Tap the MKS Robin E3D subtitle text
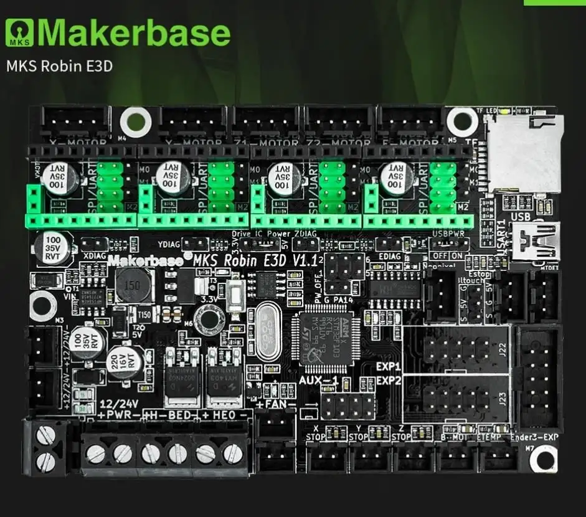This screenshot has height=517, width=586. pos(59,65)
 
